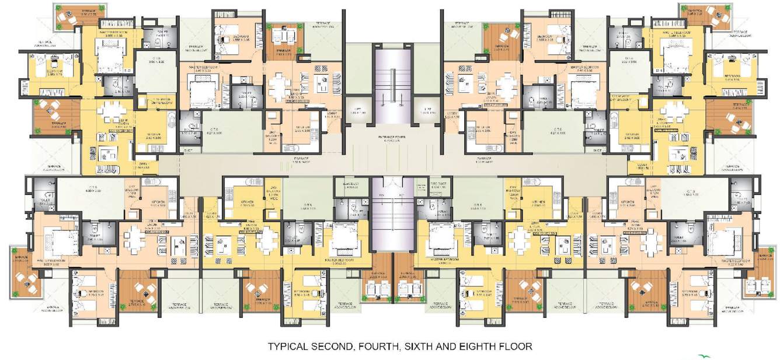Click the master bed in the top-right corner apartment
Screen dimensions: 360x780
[x=675, y=58]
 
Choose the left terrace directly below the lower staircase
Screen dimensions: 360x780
[x=374, y=278]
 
